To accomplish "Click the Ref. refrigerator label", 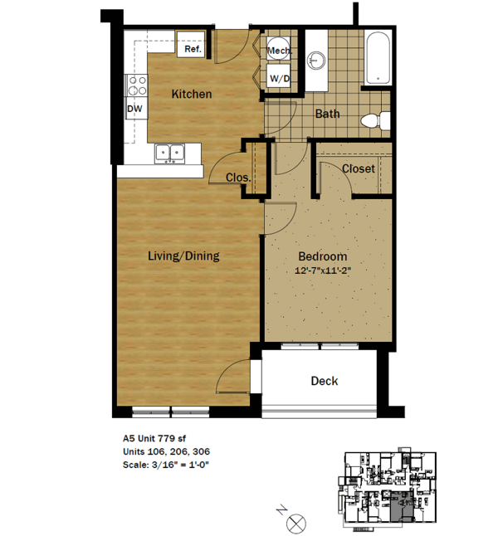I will click(x=193, y=49).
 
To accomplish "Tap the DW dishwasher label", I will click(x=134, y=109).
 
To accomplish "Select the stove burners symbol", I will click(x=135, y=85).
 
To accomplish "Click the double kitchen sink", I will click(x=171, y=153).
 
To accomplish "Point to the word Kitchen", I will click(x=192, y=94).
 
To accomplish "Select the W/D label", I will click(x=278, y=79).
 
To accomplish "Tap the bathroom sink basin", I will click(x=315, y=61).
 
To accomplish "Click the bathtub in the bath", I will click(x=378, y=58).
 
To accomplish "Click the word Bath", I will click(x=325, y=115).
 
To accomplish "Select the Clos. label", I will click(x=238, y=177).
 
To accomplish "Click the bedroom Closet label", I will click(x=358, y=168).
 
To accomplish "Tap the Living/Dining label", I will click(x=183, y=256).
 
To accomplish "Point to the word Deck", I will click(x=324, y=381).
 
